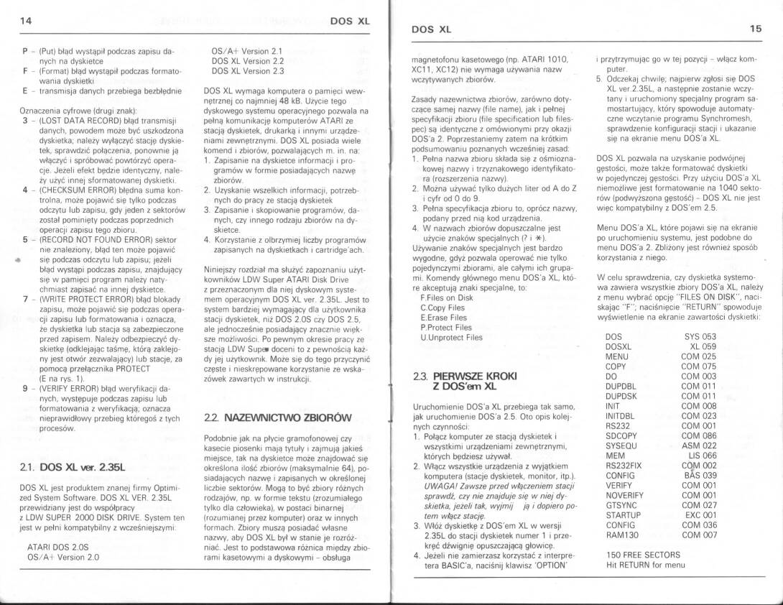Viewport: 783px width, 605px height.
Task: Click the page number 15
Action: point(755,29)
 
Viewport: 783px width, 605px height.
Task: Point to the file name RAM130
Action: point(621,535)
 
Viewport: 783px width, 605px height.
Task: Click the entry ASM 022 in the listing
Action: point(699,445)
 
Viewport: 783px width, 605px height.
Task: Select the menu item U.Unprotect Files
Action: point(451,336)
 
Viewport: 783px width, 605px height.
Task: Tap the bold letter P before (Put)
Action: point(25,52)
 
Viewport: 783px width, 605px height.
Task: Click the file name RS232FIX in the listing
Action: point(625,465)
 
